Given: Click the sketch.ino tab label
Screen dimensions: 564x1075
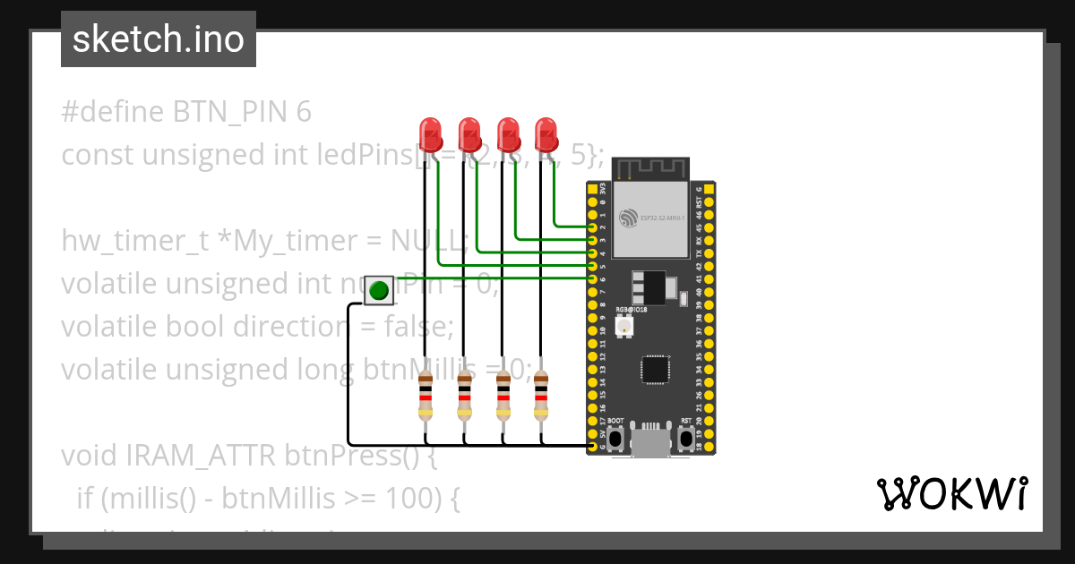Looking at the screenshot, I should (158, 39).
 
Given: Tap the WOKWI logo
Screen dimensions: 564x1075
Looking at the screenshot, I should (950, 493).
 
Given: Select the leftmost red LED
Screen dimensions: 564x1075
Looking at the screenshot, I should (431, 135).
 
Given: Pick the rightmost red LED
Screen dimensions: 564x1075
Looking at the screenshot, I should (546, 135).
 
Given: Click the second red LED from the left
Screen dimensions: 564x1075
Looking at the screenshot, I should (469, 135).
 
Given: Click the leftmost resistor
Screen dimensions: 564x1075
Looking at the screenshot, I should (426, 397).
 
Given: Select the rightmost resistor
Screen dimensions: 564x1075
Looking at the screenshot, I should (540, 397).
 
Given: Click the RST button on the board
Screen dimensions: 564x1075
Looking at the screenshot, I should (686, 438).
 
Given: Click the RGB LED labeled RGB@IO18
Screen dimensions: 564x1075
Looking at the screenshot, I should (623, 328).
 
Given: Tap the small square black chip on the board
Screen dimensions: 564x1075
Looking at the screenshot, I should (656, 370).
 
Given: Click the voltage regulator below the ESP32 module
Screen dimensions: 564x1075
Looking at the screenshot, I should (649, 288).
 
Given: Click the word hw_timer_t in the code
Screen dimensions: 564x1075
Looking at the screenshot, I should (134, 241).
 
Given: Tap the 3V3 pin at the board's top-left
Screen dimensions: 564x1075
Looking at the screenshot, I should (592, 191).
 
